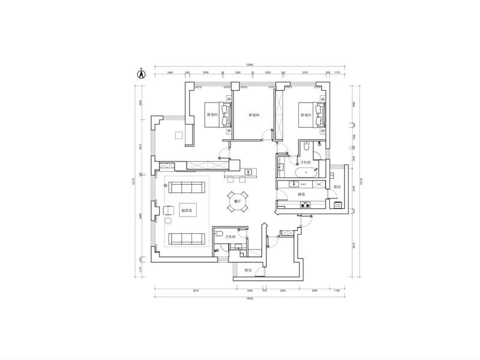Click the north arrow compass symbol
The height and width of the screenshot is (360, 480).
tap(141, 74)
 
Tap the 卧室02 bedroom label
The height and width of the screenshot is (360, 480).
tap(212, 114)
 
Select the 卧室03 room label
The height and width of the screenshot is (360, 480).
tap(254, 115)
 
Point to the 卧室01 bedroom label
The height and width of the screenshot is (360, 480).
tap(305, 114)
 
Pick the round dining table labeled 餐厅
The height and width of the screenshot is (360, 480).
tap(234, 202)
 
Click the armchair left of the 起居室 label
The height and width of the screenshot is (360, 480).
tap(167, 210)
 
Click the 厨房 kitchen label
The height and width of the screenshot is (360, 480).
tap(301, 194)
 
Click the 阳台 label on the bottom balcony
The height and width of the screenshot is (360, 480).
tap(248, 271)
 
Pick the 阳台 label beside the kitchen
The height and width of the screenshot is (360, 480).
tap(337, 187)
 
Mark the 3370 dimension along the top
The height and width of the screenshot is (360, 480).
tap(305, 73)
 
